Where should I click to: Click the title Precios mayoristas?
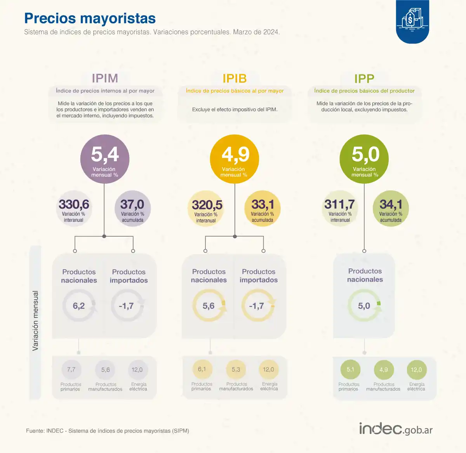tap(90, 18)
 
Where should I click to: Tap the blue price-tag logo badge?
tap(412, 21)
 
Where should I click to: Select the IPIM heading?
tap(105, 78)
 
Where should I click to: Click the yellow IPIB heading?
tap(235, 78)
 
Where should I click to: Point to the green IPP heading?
tap(364, 78)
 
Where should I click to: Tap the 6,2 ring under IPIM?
tap(79, 306)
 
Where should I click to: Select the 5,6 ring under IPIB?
tap(209, 306)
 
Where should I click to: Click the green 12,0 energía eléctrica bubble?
tap(416, 370)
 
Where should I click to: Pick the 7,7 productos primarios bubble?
tap(71, 370)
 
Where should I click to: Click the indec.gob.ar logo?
tap(395, 429)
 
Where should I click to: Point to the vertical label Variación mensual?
tap(35, 321)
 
